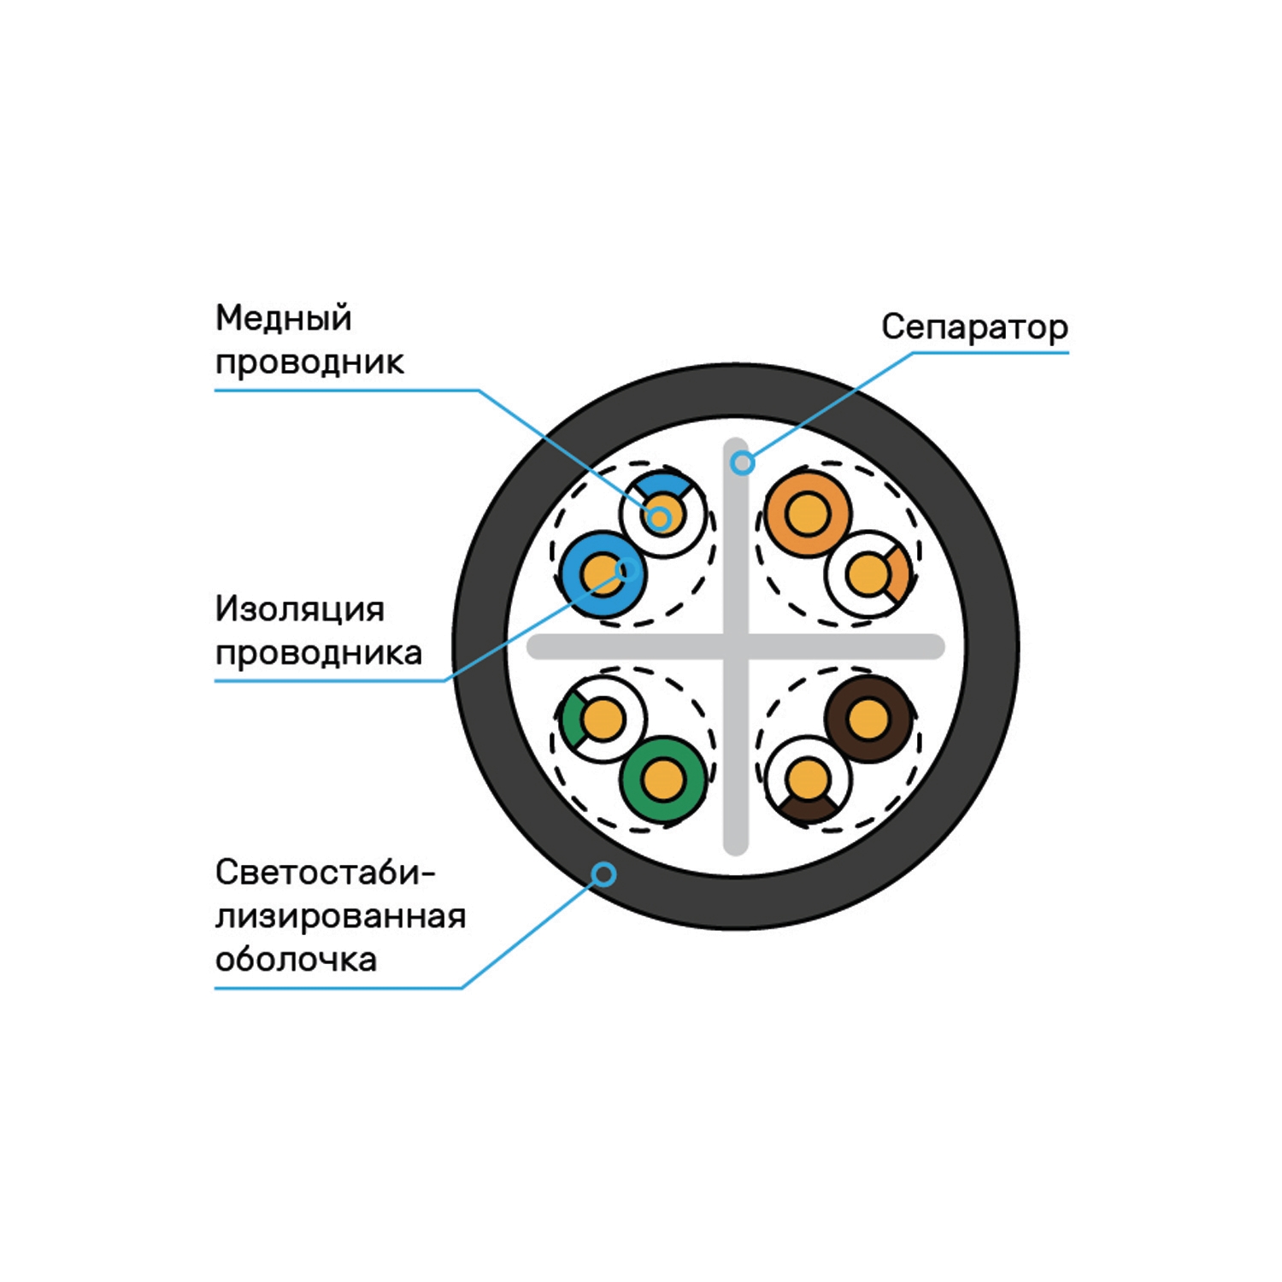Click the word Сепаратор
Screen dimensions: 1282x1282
pos(974,327)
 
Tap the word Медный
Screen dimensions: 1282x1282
pos(284,318)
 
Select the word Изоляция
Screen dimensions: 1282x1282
pos(300,609)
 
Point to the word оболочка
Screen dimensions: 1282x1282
pos(296,959)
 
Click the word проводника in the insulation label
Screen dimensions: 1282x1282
pos(319,654)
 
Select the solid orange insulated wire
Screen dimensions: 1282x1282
pos(807,514)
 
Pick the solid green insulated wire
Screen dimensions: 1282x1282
pos(664,779)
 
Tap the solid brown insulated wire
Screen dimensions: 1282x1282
pos(868,719)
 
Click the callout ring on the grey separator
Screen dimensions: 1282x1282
pos(744,463)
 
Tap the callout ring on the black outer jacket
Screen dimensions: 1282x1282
pos(604,874)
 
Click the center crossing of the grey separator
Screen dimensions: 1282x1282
pos(736,647)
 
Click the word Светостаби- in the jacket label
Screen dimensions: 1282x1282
pos(326,873)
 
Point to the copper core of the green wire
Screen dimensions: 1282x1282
pos(664,779)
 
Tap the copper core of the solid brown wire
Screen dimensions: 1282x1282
pos(868,719)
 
